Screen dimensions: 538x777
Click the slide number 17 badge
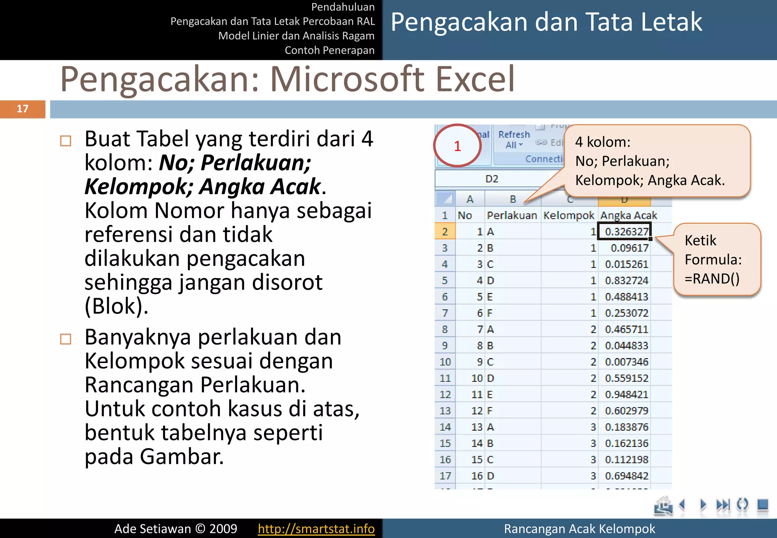[22, 109]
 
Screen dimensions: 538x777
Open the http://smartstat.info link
[316, 529]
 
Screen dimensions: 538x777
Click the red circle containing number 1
[458, 146]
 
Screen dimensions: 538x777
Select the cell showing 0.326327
[624, 231]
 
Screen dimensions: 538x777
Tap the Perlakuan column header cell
[512, 216]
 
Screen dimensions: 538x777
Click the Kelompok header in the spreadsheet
[568, 216]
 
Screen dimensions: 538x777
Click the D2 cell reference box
[492, 179]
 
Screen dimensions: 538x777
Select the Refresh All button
[514, 139]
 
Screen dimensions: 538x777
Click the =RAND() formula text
[712, 279]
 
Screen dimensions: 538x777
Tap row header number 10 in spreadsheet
[445, 362]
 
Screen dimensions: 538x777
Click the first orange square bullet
[66, 141]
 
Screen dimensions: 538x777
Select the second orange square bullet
[66, 339]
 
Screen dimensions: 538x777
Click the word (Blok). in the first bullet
[116, 306]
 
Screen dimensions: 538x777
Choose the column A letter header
[470, 199]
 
